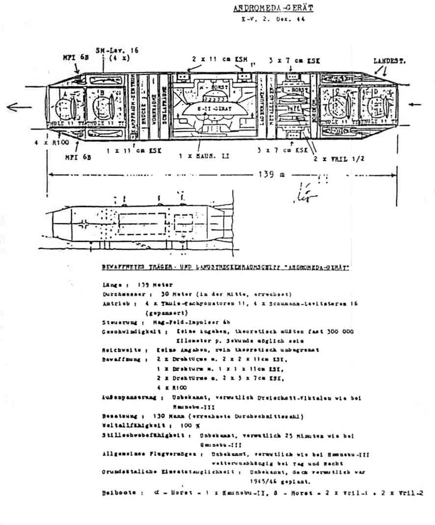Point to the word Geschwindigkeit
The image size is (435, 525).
[129, 332]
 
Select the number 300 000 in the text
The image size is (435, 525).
[338, 332]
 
